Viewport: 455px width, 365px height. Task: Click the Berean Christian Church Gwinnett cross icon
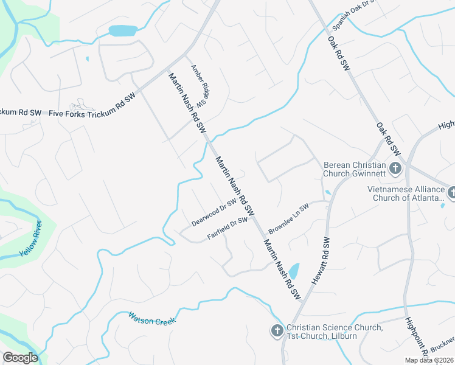point(395,169)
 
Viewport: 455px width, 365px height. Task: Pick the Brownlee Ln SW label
point(289,215)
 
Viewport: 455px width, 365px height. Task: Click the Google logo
point(20,358)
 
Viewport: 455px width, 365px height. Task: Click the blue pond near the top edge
point(123,30)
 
